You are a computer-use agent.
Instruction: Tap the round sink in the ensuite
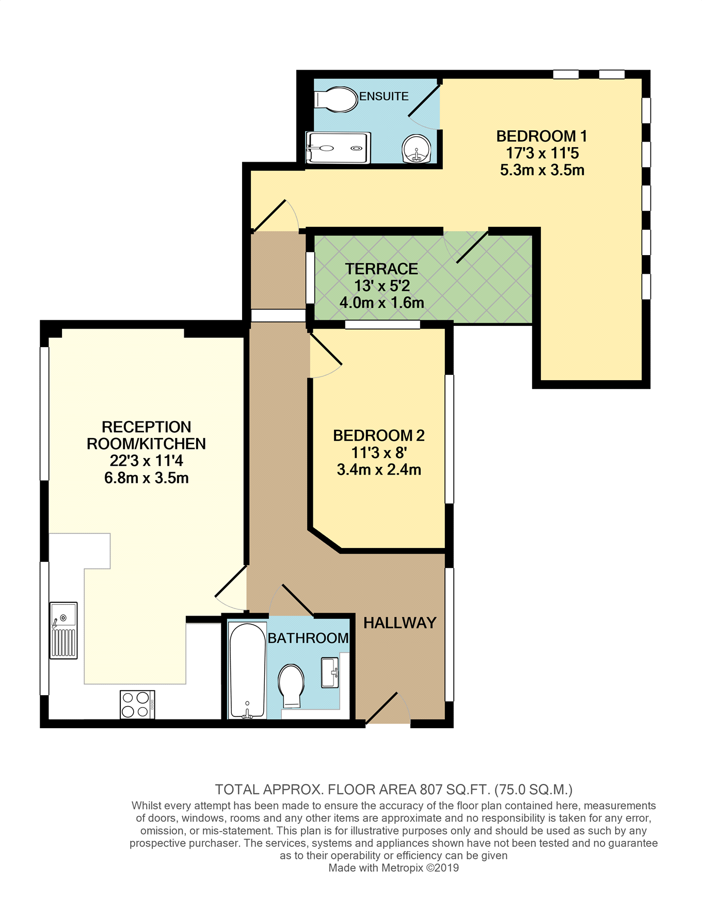pyautogui.click(x=416, y=149)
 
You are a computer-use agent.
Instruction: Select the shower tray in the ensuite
pyautogui.click(x=338, y=148)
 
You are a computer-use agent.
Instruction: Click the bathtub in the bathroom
pyautogui.click(x=247, y=670)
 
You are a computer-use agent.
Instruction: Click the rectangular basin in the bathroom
pyautogui.click(x=330, y=672)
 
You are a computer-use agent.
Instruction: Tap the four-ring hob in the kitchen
pyautogui.click(x=137, y=704)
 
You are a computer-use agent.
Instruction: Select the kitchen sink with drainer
pyautogui.click(x=63, y=630)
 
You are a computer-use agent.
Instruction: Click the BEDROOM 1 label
pyautogui.click(x=541, y=136)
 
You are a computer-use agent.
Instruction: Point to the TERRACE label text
pyautogui.click(x=381, y=269)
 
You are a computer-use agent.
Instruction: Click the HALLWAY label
pyautogui.click(x=400, y=623)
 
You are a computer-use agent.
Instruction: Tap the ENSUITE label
pyautogui.click(x=384, y=97)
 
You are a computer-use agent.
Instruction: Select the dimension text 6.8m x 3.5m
pyautogui.click(x=146, y=478)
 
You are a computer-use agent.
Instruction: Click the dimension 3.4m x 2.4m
pyautogui.click(x=379, y=470)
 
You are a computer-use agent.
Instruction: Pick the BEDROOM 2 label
pyautogui.click(x=379, y=436)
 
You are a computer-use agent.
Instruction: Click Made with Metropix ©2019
pyautogui.click(x=393, y=868)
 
